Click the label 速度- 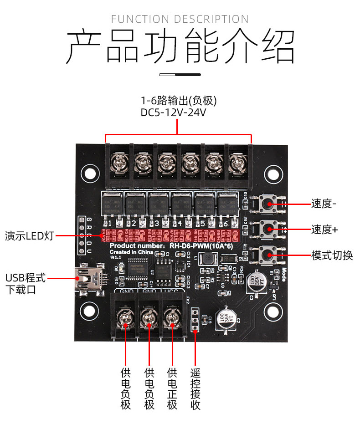(324, 204)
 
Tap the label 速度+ (324, 230)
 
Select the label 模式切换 (332, 255)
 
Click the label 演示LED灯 (30, 236)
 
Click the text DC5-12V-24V (174, 112)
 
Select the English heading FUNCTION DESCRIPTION (180, 19)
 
